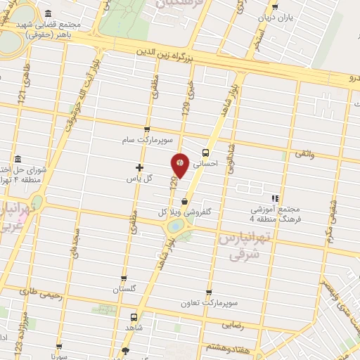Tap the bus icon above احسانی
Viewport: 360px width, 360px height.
pos(205,152)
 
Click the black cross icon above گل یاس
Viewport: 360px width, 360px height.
pos(139,167)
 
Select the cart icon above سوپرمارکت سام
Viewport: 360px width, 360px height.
pos(146,129)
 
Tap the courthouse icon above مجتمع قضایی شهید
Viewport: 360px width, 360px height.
pos(47,13)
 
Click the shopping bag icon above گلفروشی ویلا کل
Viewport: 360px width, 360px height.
pos(184,201)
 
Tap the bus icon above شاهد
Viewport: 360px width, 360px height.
pos(134,317)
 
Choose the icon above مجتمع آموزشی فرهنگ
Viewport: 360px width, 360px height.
pos(275,199)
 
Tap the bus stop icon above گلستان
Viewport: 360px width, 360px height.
pos(124,278)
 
